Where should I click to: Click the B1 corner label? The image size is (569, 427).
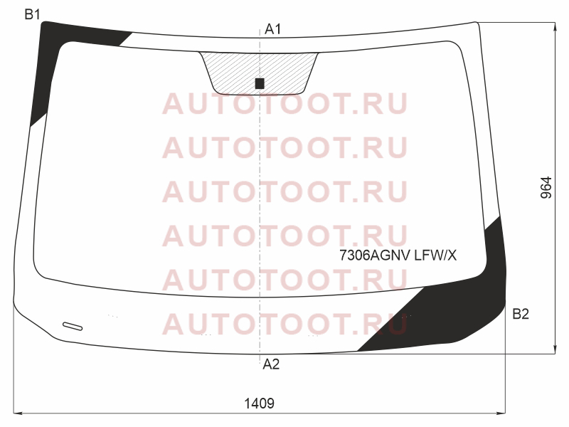click(32, 14)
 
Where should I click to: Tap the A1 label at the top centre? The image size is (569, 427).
click(273, 29)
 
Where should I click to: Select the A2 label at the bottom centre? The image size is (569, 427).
click(271, 364)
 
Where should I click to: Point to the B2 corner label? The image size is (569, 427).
click(521, 314)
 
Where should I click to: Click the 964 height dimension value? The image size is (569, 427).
click(546, 188)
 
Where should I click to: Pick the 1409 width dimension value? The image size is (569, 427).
click(259, 404)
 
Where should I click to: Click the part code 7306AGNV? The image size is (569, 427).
click(376, 255)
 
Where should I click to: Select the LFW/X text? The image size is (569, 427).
click(435, 255)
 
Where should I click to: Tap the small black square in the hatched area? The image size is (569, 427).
click(260, 83)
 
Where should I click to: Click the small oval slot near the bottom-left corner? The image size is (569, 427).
click(73, 327)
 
